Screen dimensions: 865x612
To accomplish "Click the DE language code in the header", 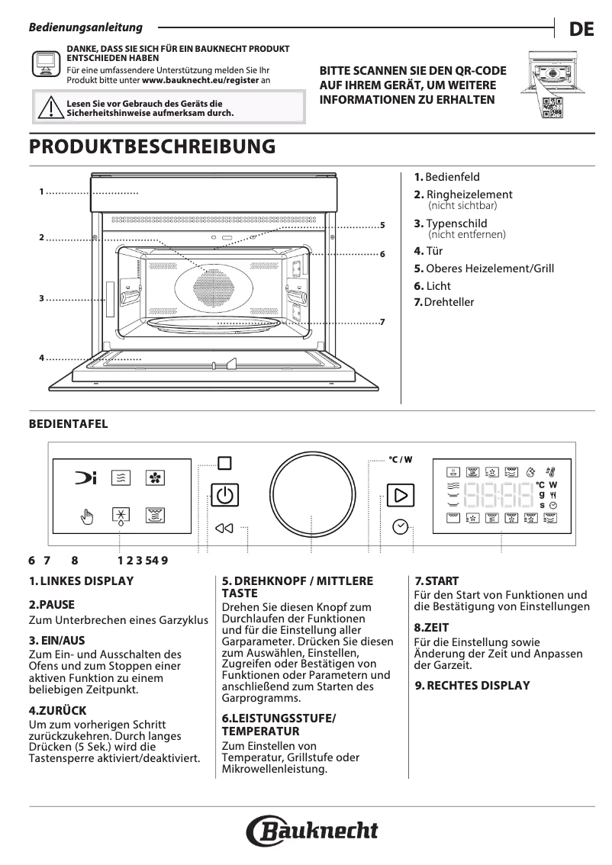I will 581,30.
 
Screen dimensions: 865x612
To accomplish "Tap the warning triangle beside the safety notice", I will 49,108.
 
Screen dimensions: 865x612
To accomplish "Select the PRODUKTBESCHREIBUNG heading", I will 151,146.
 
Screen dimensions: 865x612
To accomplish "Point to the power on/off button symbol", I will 224,496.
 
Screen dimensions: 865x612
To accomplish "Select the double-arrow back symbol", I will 224,528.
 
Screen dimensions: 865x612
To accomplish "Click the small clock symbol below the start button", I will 401,526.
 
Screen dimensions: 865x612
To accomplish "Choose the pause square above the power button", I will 224,463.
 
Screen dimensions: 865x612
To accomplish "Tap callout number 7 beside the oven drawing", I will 382,324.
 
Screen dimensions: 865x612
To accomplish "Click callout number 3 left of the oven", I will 41,298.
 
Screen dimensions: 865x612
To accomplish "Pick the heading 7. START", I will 436,581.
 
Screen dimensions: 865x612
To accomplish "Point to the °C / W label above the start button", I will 400,460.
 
